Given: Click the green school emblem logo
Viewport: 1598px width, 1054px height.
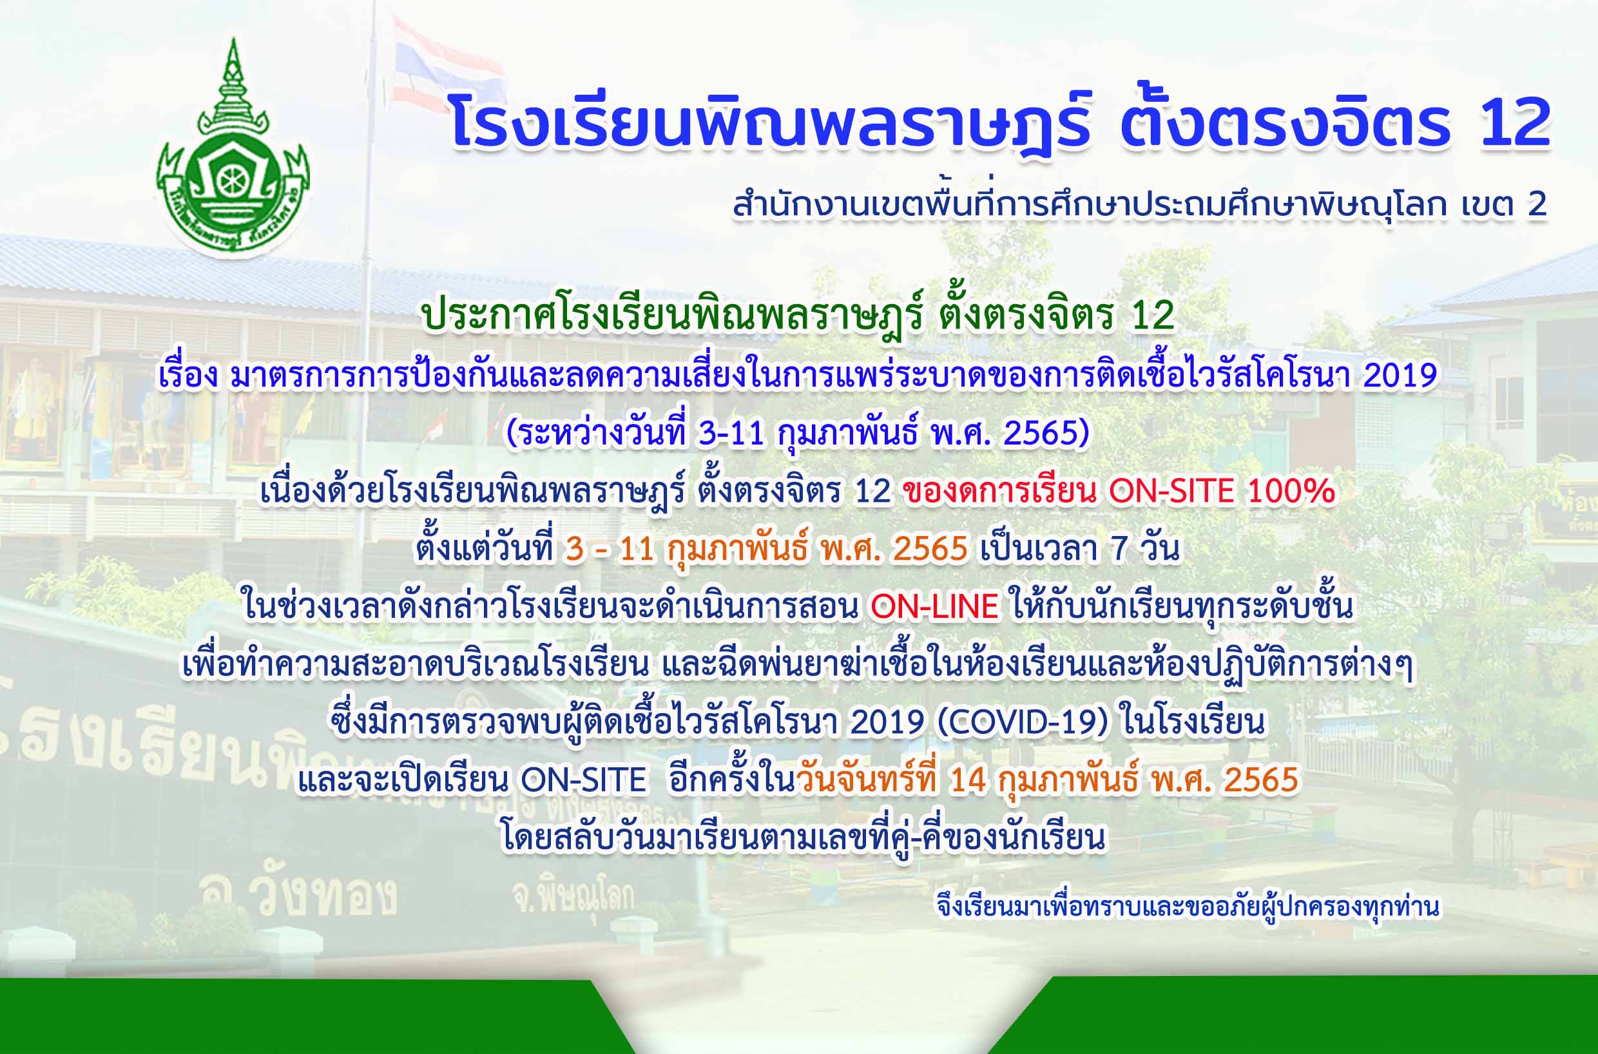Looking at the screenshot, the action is pos(233,148).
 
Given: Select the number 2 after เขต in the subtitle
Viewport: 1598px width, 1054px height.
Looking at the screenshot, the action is pos(1537,206).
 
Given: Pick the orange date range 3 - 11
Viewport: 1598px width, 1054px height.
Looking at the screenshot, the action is pos(610,550).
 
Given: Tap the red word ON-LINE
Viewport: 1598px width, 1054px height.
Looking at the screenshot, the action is pos(934,608).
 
